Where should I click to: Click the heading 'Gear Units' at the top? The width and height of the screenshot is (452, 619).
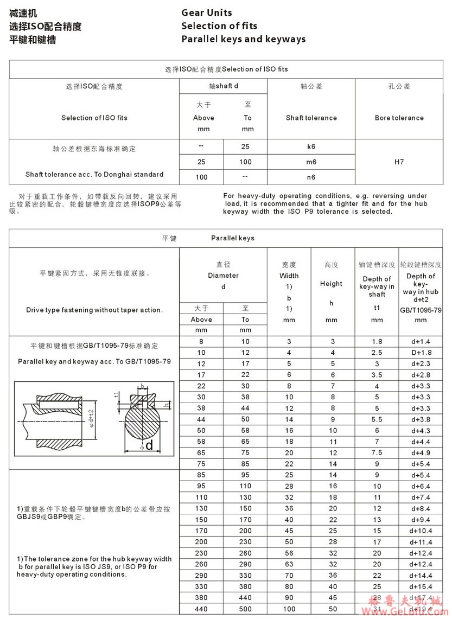(207, 12)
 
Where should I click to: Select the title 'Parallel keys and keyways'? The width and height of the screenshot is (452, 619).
(243, 39)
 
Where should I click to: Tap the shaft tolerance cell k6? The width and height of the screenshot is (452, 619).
(311, 146)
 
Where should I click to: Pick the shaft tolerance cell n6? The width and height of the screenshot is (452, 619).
(311, 177)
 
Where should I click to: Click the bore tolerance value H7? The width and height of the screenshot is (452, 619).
(399, 162)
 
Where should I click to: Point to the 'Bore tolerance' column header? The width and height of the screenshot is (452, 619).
(399, 118)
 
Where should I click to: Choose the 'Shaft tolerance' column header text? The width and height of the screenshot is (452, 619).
(311, 118)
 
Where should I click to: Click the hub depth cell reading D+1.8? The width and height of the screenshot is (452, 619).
(421, 353)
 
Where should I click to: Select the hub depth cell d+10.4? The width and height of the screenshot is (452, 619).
(421, 530)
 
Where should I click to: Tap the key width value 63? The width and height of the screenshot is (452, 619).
(289, 564)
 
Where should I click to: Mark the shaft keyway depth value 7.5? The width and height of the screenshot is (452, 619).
(377, 452)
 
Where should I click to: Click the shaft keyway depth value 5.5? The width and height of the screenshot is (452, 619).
(377, 419)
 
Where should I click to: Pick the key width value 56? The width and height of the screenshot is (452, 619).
(289, 553)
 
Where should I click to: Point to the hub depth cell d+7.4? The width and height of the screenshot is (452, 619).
(421, 497)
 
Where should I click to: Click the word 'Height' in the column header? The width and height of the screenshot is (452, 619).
(331, 283)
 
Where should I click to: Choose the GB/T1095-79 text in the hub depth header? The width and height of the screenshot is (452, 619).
(421, 310)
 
